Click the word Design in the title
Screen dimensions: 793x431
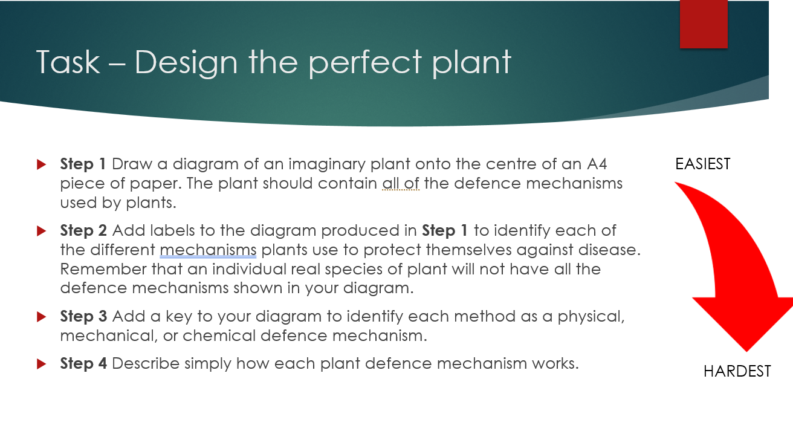coord(186,63)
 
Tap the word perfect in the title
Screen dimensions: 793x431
coord(365,63)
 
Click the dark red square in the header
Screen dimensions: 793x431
coord(704,24)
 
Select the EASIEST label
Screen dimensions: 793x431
coord(703,164)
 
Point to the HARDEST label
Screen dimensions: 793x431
coord(737,371)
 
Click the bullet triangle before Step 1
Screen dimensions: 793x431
coord(41,164)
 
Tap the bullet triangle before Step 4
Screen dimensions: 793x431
coord(41,364)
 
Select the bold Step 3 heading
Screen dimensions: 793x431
coord(83,316)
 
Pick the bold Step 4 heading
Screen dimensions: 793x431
coord(83,363)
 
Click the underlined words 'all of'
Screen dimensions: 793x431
coord(401,183)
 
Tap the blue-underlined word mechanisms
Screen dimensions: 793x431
coord(208,250)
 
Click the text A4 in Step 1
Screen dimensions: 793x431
coord(597,164)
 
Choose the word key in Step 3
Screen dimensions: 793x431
coord(179,317)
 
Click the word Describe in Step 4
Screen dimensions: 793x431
coord(146,363)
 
